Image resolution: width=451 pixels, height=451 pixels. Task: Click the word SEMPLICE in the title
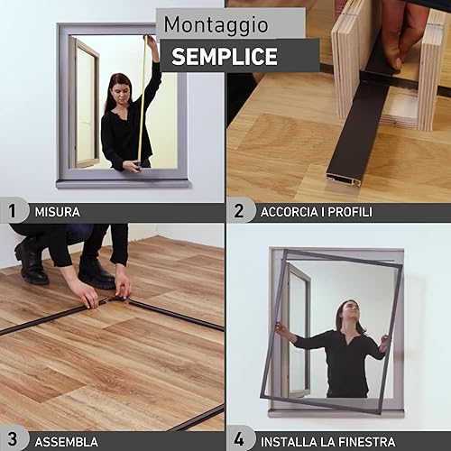pos(225,57)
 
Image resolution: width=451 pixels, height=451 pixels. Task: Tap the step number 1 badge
pos(13,211)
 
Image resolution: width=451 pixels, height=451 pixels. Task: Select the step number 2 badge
pos(239,211)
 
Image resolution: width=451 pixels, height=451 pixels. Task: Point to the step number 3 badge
pos(13,439)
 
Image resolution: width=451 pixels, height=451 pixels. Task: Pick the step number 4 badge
pos(239,440)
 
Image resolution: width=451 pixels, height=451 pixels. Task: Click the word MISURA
pos(58,212)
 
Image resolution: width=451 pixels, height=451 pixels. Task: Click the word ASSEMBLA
pos(67,442)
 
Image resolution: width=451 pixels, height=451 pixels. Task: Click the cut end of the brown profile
pos(344,179)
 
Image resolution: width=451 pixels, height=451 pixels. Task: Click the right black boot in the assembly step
pos(96,273)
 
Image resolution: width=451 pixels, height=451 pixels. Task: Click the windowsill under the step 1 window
pos(123,184)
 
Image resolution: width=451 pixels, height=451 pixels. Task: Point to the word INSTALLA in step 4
pos(289,442)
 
